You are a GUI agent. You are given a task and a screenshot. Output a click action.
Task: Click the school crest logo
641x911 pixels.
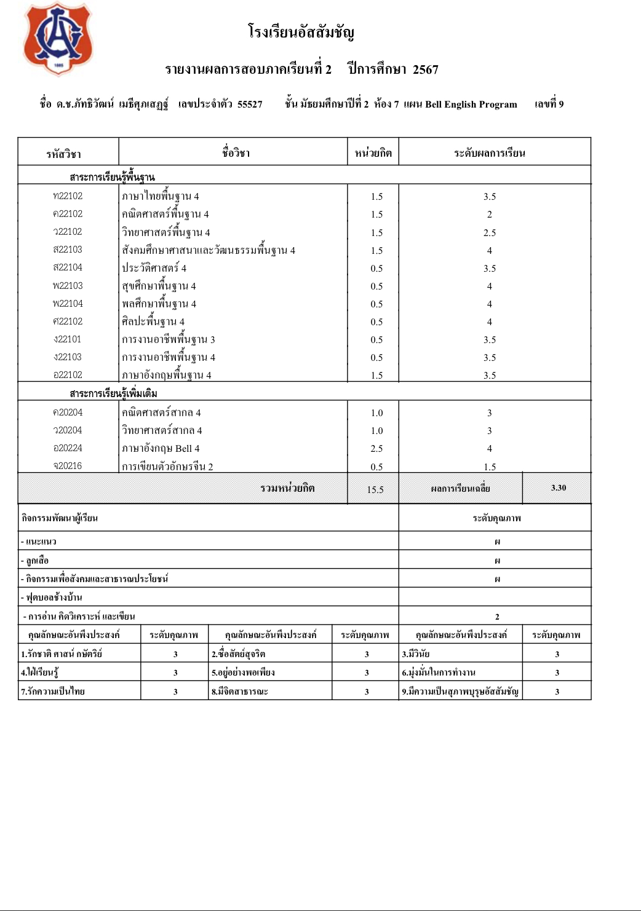pyautogui.click(x=58, y=39)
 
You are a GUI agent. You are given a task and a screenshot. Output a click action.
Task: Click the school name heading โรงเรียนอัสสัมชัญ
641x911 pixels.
pyautogui.click(x=301, y=32)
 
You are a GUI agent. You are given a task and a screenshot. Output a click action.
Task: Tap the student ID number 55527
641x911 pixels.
pyautogui.click(x=250, y=105)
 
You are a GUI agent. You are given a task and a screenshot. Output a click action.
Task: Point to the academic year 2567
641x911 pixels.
pyautogui.click(x=426, y=69)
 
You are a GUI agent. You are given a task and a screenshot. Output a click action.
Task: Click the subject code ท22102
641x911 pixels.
pyautogui.click(x=68, y=196)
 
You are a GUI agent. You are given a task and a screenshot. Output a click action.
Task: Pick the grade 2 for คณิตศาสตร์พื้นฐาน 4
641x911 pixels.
pyautogui.click(x=490, y=215)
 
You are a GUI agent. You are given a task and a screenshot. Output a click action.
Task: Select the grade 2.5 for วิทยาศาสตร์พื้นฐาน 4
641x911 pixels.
pyautogui.click(x=490, y=232)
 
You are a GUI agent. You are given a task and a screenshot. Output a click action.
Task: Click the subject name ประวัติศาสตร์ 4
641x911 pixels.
pyautogui.click(x=154, y=268)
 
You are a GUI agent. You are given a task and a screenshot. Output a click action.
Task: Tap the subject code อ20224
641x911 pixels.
pyautogui.click(x=68, y=448)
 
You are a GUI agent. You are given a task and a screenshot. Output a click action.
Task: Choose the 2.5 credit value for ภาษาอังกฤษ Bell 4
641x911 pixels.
pyautogui.click(x=376, y=449)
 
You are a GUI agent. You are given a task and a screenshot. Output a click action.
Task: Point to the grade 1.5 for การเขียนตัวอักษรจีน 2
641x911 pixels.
pyautogui.click(x=490, y=467)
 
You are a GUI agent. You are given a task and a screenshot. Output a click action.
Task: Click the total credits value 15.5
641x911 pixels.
pyautogui.click(x=375, y=490)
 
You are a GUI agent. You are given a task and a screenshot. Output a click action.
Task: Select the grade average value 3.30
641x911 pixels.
pyautogui.click(x=559, y=488)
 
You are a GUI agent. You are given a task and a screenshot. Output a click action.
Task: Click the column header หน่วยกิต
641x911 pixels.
pyautogui.click(x=373, y=153)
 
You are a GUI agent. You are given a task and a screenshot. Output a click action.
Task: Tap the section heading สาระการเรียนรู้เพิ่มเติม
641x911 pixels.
pyautogui.click(x=113, y=393)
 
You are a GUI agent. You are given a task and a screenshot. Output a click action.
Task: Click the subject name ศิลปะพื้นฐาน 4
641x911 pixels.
pyautogui.click(x=153, y=321)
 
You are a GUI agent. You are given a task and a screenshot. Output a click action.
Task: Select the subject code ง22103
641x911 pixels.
pyautogui.click(x=68, y=357)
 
